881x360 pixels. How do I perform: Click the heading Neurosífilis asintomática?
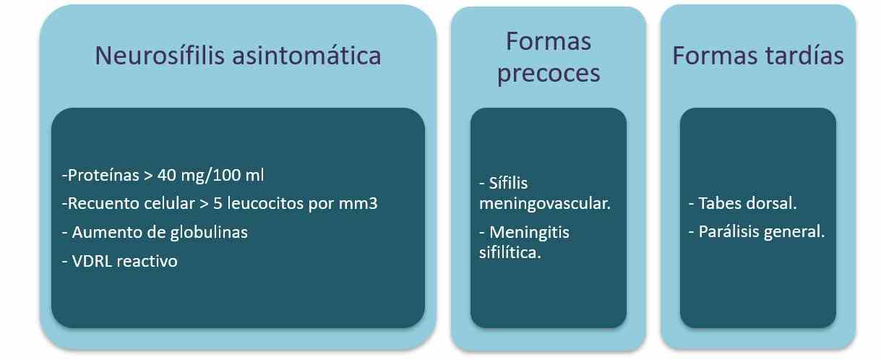click(x=238, y=56)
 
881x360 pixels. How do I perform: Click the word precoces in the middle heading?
click(x=549, y=73)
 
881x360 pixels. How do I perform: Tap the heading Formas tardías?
click(x=758, y=56)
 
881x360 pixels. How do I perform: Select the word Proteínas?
click(x=103, y=175)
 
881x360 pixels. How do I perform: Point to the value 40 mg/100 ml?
click(x=210, y=175)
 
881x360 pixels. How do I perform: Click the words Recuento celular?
click(x=132, y=203)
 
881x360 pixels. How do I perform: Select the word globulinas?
click(x=209, y=233)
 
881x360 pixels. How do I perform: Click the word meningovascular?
click(x=545, y=204)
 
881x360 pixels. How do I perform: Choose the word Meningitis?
click(x=529, y=233)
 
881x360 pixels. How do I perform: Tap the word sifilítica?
click(x=510, y=252)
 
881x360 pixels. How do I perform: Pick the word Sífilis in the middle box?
click(x=508, y=183)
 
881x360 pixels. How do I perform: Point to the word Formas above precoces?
click(x=549, y=41)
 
